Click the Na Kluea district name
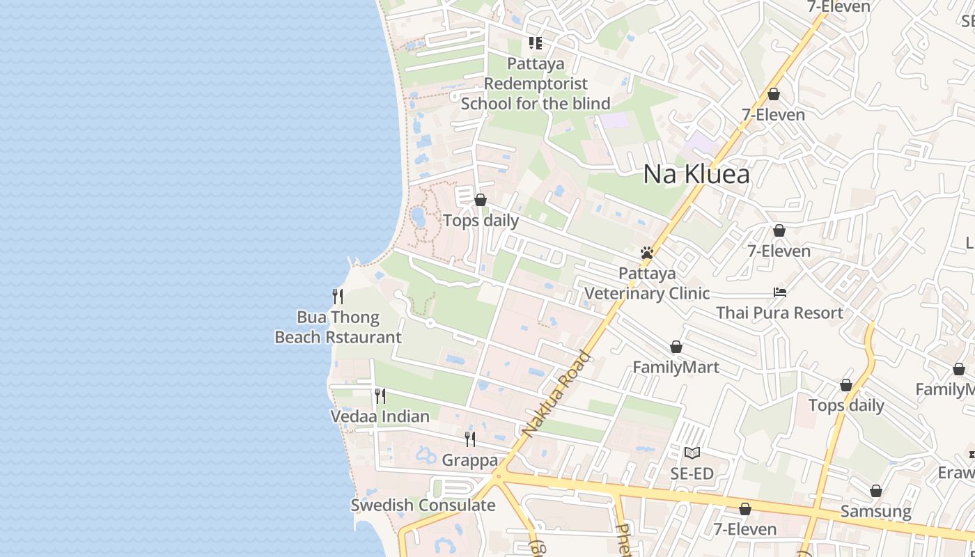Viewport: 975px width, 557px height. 696,174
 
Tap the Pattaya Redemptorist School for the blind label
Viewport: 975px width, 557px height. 536,84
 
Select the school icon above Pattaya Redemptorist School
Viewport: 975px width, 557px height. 536,43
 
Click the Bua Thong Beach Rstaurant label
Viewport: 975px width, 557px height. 338,327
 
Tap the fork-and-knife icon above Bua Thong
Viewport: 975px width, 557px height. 338,297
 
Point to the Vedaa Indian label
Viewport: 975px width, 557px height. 380,416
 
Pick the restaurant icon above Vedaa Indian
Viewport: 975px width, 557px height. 380,396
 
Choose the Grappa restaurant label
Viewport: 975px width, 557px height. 470,460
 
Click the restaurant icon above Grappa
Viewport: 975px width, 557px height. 470,439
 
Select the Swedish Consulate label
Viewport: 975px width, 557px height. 423,505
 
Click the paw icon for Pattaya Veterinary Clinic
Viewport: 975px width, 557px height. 647,253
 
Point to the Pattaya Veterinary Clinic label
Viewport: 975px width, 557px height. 647,283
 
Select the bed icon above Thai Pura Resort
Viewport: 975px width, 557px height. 780,292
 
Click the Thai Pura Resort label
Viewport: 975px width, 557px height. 780,313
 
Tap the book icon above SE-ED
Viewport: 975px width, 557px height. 692,453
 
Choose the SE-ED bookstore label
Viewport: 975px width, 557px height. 692,474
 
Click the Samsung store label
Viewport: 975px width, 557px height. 875,512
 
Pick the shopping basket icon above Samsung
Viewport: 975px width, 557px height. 875,492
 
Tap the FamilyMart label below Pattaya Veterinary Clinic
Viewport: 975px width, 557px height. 676,367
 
